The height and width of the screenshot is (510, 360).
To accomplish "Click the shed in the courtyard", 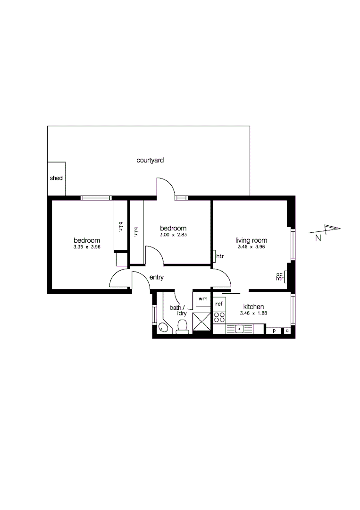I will pyautogui.click(x=56, y=178).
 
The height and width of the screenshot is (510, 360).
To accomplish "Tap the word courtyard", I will pyautogui.click(x=150, y=161).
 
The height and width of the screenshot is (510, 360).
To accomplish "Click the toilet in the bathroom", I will pyautogui.click(x=182, y=326).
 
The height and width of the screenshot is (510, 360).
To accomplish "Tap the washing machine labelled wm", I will pyautogui.click(x=202, y=299).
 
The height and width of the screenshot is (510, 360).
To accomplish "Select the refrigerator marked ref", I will pyautogui.click(x=219, y=304).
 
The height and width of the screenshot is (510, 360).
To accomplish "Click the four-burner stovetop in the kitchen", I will pyautogui.click(x=219, y=317).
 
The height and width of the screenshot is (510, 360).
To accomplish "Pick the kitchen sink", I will pyautogui.click(x=239, y=328).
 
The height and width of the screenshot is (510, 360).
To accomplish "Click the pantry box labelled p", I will pyautogui.click(x=274, y=331).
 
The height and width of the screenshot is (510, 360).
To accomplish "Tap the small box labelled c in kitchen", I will pyautogui.click(x=287, y=331).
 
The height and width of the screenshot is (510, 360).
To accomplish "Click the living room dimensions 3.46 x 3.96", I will pyautogui.click(x=251, y=247).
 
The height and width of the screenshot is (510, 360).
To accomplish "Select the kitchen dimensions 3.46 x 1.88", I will pyautogui.click(x=253, y=313).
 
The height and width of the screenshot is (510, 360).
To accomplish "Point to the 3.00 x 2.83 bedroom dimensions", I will pyautogui.click(x=173, y=235).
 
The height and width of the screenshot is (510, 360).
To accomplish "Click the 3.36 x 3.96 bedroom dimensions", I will pyautogui.click(x=87, y=247).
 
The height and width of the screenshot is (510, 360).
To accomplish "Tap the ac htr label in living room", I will pyautogui.click(x=279, y=276).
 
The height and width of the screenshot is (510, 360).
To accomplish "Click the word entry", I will pyautogui.click(x=156, y=277).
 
